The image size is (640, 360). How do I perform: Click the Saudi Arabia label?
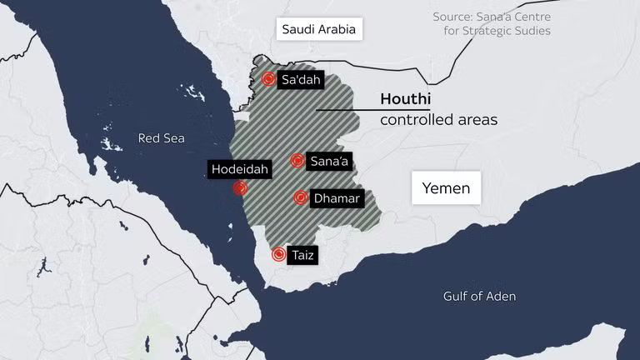point(318,30)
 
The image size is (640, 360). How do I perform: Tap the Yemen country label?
point(446,188)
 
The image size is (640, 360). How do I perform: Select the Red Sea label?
point(162,138)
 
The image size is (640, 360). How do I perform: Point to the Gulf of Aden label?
point(479,297)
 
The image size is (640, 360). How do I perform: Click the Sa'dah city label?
point(301,80)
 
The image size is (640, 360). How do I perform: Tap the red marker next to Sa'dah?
point(268,79)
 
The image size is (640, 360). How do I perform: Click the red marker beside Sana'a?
point(297,160)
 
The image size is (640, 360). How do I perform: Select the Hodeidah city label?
point(240,169)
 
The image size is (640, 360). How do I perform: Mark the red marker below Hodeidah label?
point(240,188)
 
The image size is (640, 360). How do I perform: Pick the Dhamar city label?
point(337,198)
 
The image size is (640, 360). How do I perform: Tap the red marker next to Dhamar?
point(301,198)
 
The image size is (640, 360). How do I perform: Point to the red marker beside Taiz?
point(279,255)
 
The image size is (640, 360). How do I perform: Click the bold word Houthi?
point(405,99)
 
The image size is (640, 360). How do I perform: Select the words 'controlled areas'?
point(438,120)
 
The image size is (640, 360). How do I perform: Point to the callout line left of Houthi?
point(345,109)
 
